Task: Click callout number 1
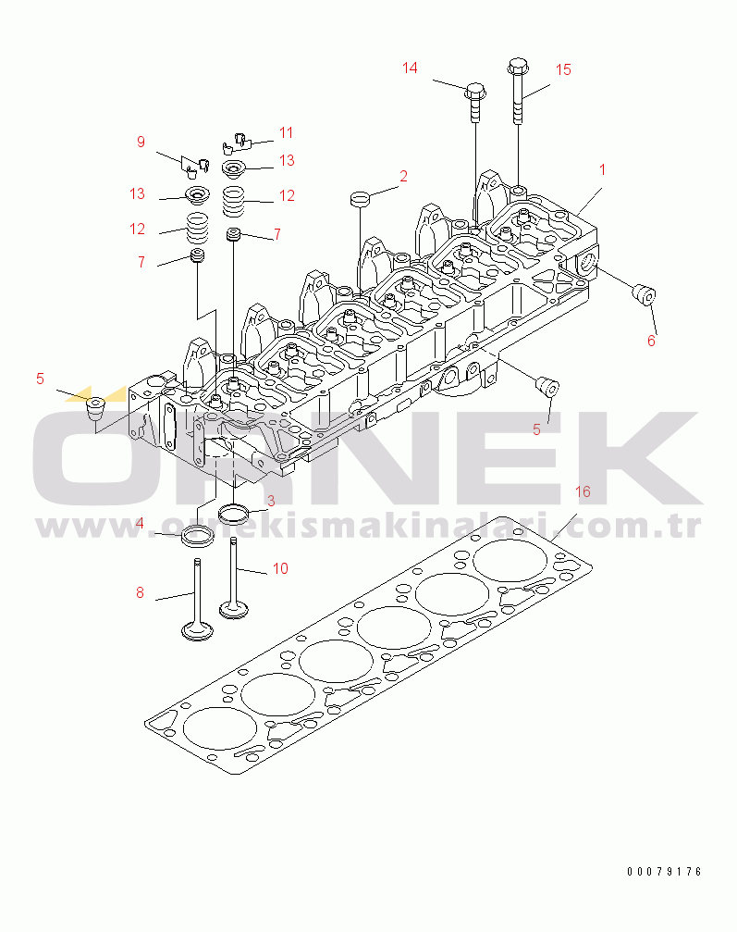tap(602, 170)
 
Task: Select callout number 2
tap(403, 176)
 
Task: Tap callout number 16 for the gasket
tap(583, 491)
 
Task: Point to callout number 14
tap(410, 68)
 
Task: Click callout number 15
tap(563, 69)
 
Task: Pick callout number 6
tap(651, 341)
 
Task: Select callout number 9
tap(141, 142)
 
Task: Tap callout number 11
tap(286, 132)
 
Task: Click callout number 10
tap(280, 568)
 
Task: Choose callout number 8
tap(141, 592)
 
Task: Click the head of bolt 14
tap(476, 90)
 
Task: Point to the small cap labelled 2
tap(360, 197)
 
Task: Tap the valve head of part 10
tap(233, 609)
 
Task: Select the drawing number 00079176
tap(664, 872)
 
